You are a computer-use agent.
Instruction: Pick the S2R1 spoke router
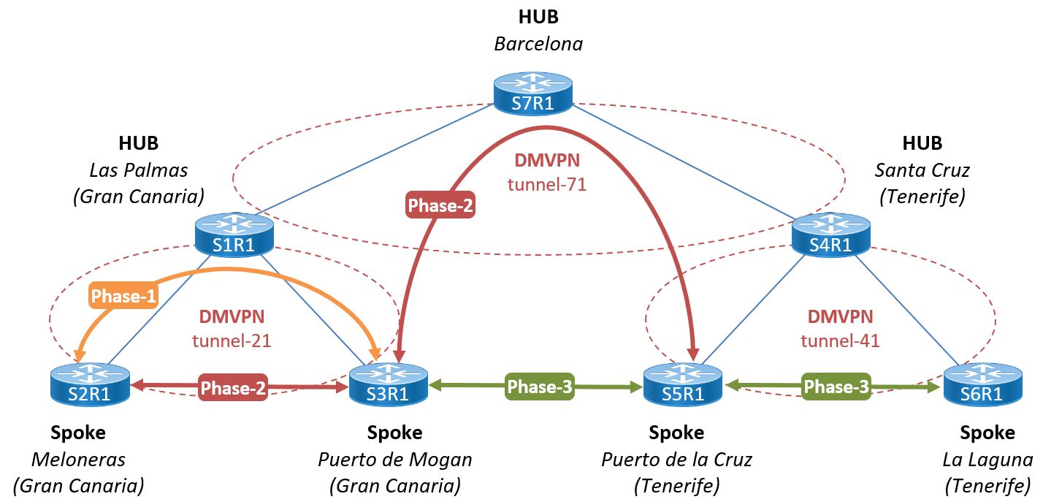coord(91,385)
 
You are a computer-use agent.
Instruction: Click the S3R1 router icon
coord(388,385)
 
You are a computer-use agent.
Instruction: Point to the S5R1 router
coord(683,385)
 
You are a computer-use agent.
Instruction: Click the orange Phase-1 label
coord(123,295)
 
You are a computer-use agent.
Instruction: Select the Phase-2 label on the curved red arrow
coord(441,206)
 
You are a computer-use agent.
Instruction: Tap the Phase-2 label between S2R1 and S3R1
coord(234,388)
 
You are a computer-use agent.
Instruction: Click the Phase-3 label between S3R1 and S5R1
coord(540,387)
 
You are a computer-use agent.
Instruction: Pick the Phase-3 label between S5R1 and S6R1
coord(836,387)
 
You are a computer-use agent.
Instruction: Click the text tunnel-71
coord(547,184)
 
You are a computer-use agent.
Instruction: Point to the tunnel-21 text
coord(232,340)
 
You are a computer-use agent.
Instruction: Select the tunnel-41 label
coord(840,340)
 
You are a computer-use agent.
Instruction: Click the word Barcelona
coord(538,44)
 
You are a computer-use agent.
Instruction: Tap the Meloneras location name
coord(78,460)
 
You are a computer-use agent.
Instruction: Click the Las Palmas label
coord(139,170)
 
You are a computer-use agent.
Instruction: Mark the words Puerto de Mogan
coord(394,460)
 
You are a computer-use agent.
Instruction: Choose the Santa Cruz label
coord(922,170)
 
